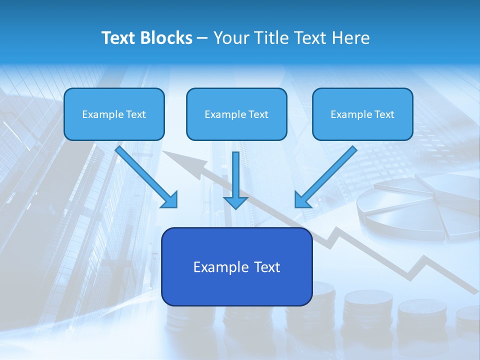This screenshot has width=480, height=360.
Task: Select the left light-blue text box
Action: coord(114,114)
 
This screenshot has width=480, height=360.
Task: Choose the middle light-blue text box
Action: coord(236,114)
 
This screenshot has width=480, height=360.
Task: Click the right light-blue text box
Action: coord(362,114)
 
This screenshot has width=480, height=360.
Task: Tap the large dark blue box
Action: coord(236,266)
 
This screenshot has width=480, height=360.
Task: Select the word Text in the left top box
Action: coord(135,114)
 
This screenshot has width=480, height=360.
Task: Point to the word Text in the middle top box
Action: coord(258,114)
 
